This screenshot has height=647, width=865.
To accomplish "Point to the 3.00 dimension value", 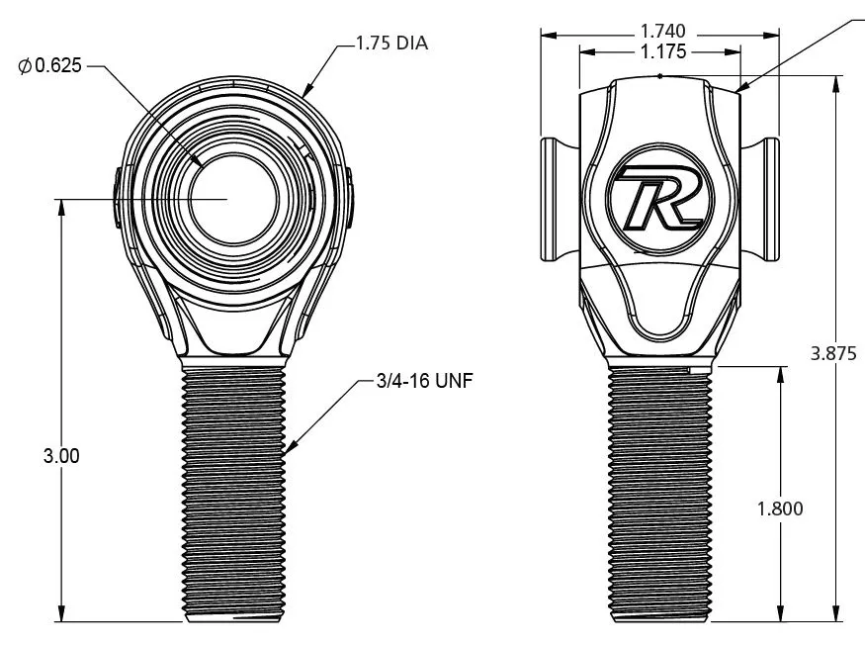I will [61, 456].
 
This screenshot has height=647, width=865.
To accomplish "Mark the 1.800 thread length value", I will [780, 508].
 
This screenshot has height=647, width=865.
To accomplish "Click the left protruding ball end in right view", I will [554, 200].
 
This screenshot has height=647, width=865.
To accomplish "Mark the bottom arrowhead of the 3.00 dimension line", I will [61, 614].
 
